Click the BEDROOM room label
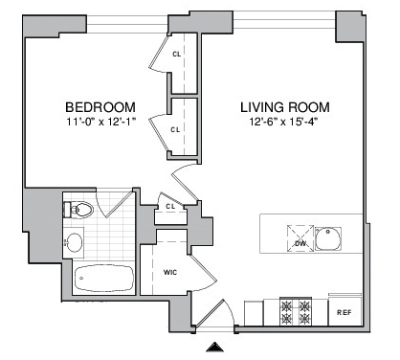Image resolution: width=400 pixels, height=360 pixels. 100,107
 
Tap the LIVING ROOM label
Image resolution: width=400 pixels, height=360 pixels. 285,107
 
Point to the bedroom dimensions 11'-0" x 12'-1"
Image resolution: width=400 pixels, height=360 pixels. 101,122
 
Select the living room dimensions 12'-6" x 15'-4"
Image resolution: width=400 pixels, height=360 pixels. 284,122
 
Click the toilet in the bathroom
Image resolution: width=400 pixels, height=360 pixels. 78,210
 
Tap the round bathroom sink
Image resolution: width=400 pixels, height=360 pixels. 74,242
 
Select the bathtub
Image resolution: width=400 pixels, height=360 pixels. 104,278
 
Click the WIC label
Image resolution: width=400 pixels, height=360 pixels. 170,273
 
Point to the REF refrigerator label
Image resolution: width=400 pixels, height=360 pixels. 344,312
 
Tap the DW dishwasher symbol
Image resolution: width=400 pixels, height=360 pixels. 300,238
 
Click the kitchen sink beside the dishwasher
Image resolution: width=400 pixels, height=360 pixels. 328,238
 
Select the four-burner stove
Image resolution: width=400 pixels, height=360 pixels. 296,312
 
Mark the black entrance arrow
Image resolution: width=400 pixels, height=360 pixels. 215,347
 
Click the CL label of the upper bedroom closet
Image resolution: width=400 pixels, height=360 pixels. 177,55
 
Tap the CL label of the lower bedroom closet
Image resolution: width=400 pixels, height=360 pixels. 175,130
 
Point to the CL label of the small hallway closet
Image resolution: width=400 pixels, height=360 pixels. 170,207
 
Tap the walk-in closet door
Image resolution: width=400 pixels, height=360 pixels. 203,272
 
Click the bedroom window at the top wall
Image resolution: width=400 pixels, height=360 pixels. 127,24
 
